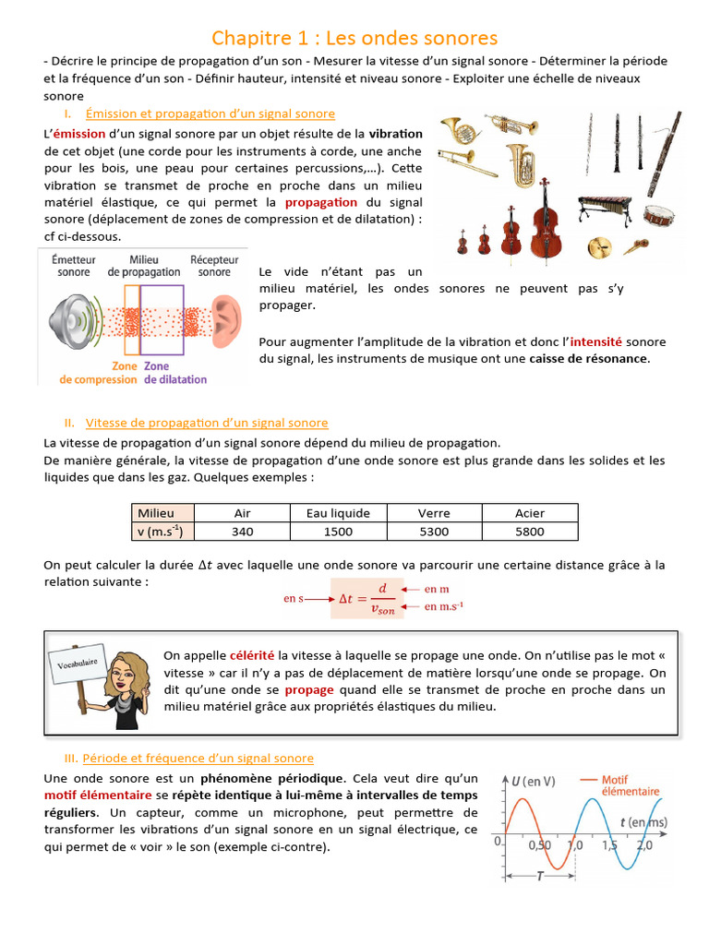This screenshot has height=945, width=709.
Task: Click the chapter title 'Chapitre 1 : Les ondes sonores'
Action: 354,38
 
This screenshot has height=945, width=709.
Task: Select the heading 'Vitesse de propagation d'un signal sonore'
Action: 207,424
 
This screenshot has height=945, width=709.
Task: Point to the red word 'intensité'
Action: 596,341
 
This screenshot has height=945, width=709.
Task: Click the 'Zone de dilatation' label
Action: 175,373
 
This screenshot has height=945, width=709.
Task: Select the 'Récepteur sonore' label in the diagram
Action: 214,267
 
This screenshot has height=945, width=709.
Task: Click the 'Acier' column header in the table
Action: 530,513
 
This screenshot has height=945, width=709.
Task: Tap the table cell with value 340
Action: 243,532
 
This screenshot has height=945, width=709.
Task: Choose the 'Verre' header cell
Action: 434,513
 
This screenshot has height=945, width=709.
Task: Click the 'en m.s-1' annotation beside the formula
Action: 444,606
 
